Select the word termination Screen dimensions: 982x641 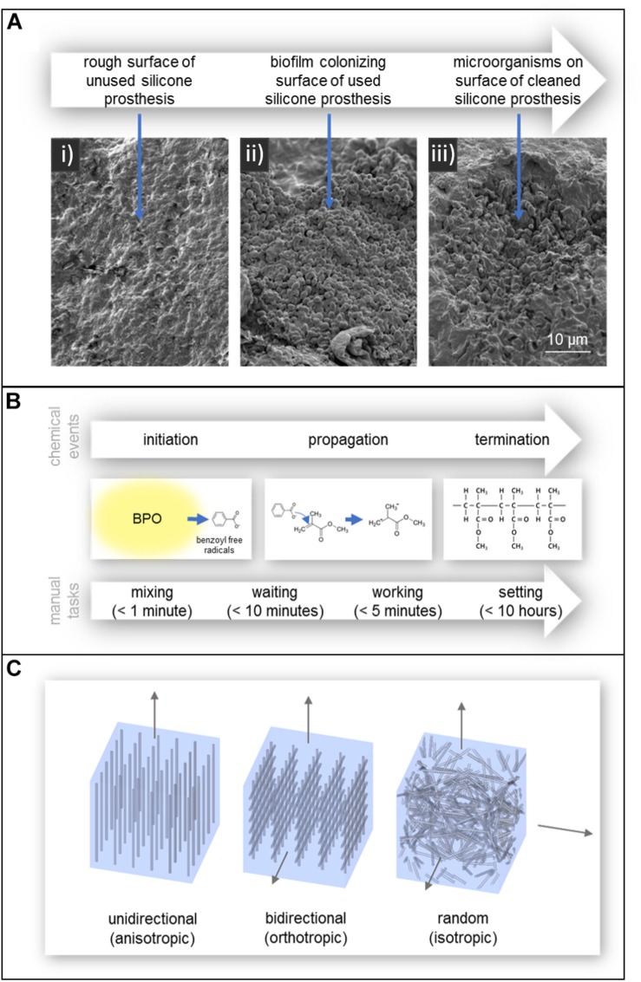point(512,439)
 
